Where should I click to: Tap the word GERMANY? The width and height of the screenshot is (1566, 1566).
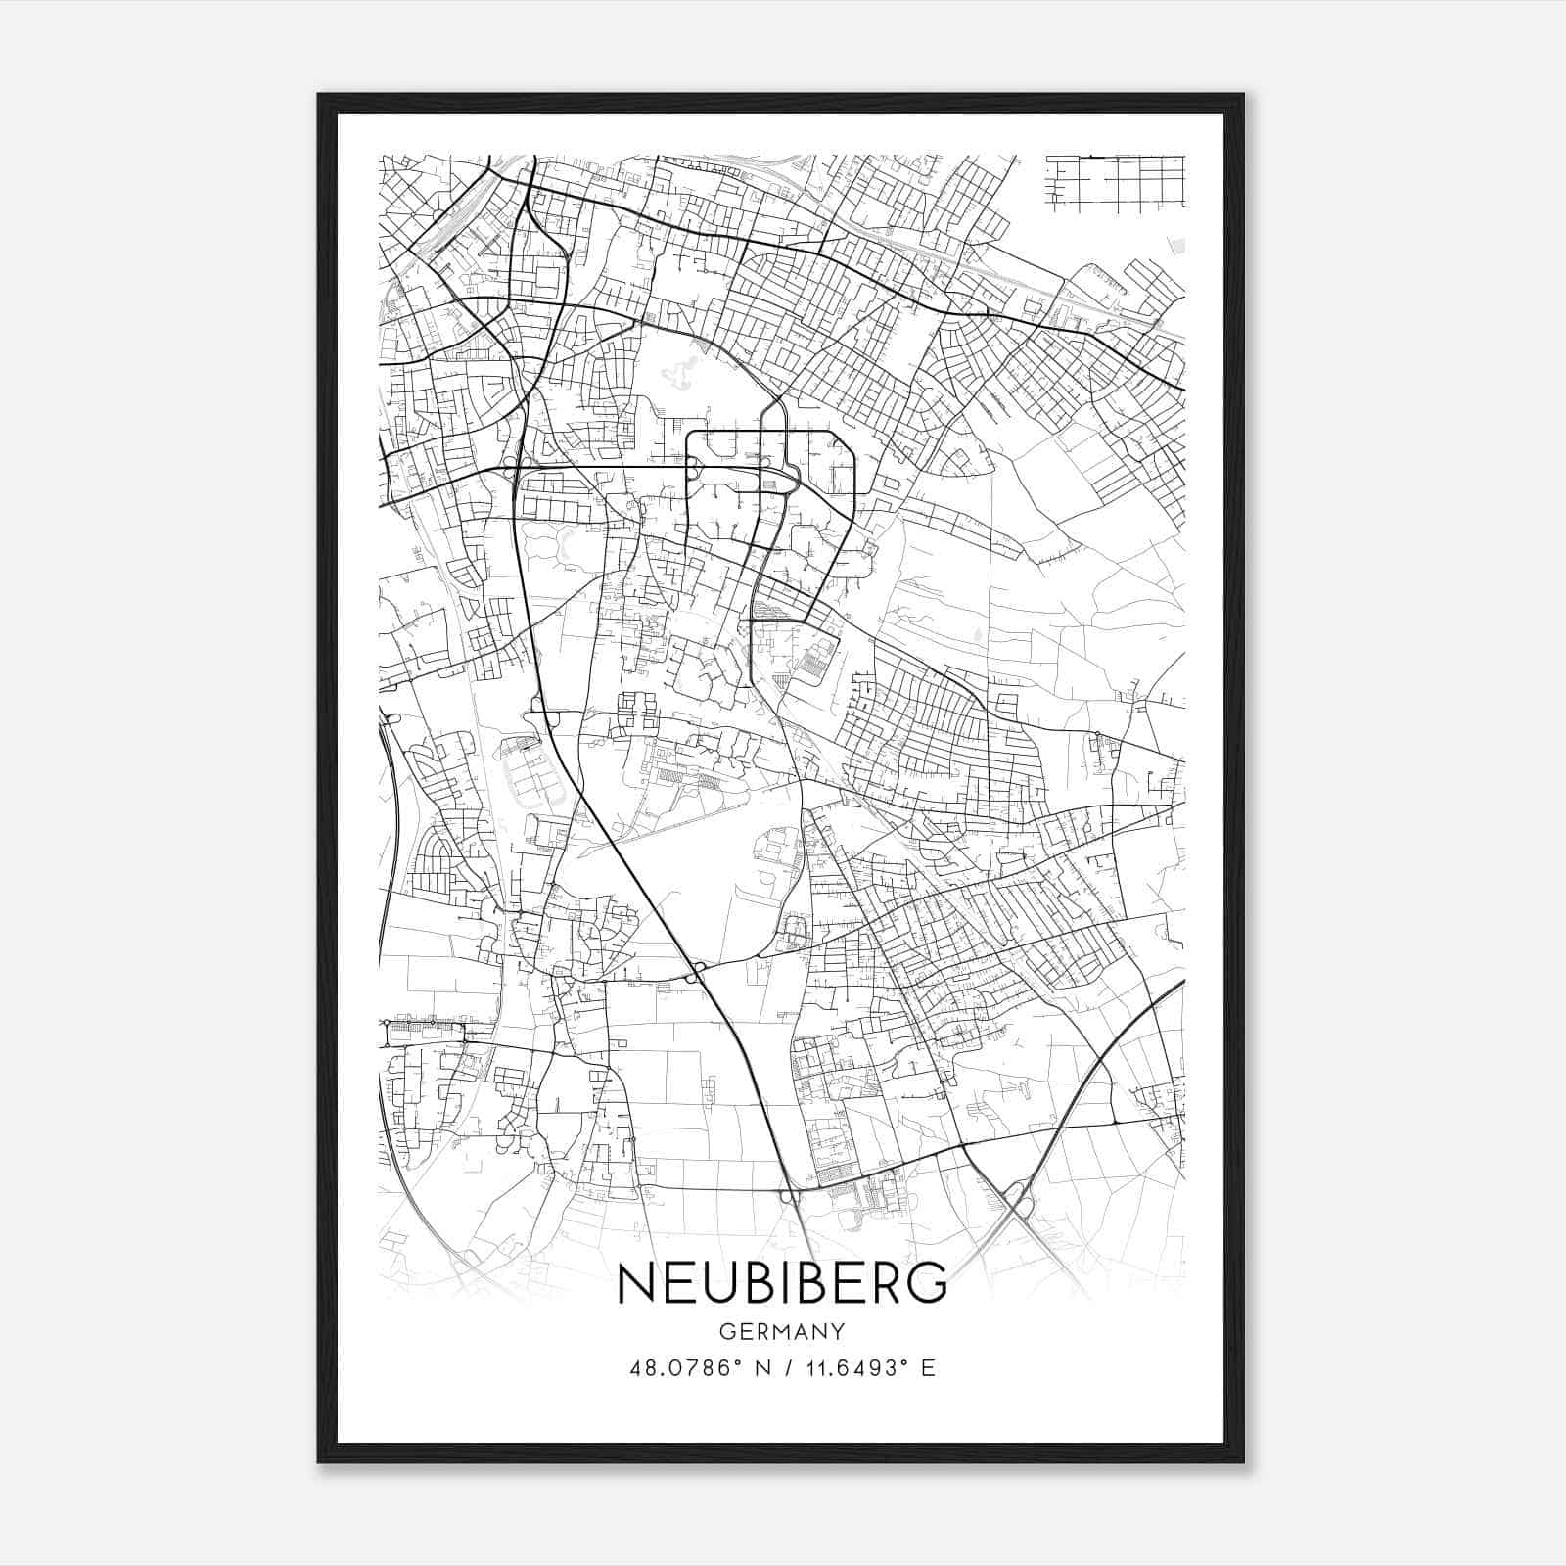click(782, 1331)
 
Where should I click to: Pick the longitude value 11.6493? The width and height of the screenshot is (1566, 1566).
click(849, 1367)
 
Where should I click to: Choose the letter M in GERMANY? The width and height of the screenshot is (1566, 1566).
click(782, 1331)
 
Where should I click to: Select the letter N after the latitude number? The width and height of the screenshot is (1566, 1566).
click(762, 1367)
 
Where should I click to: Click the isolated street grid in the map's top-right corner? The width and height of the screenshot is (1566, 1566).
click(1115, 182)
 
